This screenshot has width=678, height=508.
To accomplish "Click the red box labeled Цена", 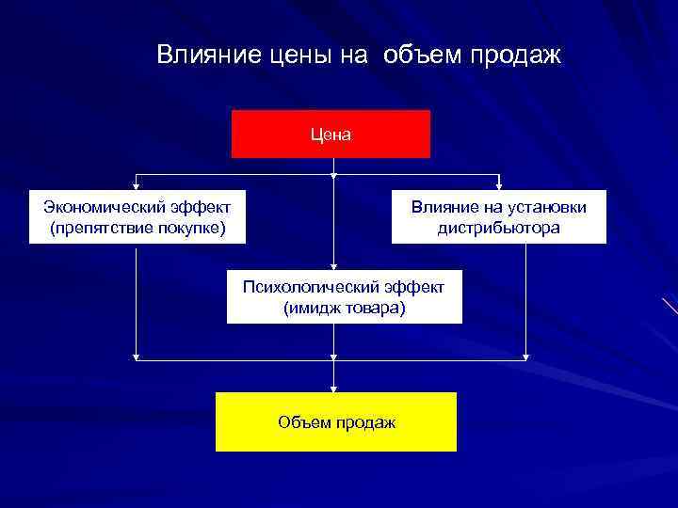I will tap(331, 134).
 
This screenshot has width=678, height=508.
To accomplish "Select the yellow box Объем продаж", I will tap(336, 421).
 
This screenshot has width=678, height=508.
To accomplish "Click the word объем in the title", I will tap(420, 55).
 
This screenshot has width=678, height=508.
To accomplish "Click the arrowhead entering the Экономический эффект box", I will tap(137, 186).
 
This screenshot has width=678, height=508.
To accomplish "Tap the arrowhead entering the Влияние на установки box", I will tap(499, 186).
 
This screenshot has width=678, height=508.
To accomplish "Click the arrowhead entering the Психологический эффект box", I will tap(333, 266).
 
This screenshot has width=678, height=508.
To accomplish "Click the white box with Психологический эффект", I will tap(345, 296).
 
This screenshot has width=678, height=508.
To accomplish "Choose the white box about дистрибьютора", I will tap(499, 216).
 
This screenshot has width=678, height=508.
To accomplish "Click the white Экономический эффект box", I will tap(137, 216).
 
